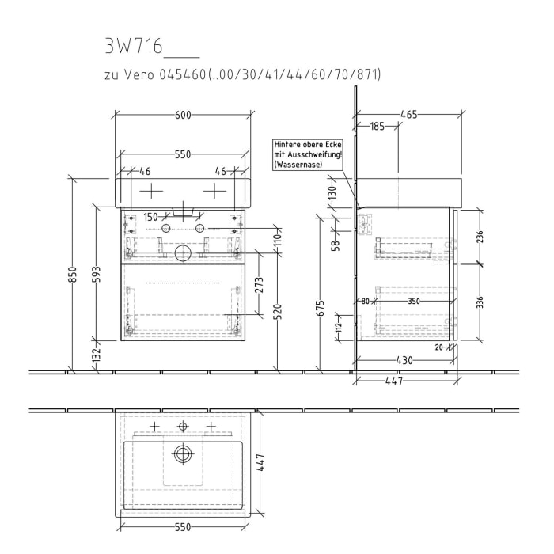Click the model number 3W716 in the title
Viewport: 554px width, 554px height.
(133, 47)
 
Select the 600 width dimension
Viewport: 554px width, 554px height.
(183, 115)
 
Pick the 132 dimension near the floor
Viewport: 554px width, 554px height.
(96, 354)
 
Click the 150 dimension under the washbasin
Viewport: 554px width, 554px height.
(150, 216)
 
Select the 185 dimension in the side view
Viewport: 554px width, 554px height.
(377, 126)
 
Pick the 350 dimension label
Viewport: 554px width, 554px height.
(414, 301)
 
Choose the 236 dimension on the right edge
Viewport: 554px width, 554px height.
(480, 237)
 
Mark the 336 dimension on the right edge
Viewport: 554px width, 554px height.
(480, 302)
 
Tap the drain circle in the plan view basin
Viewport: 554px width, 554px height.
(183, 454)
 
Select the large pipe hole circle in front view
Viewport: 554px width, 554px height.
(183, 252)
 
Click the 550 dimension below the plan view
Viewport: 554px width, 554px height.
(183, 528)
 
